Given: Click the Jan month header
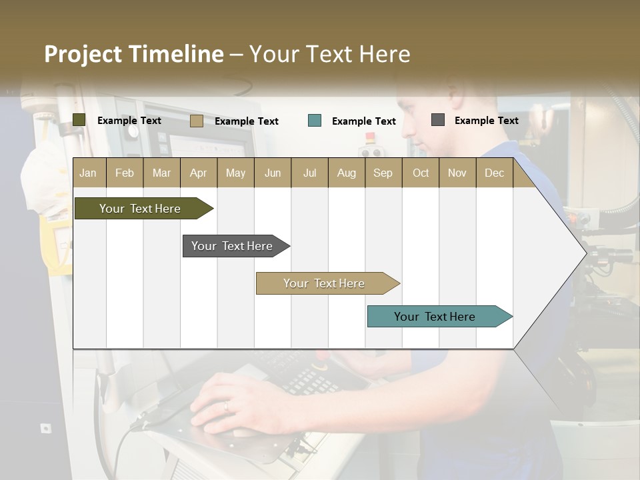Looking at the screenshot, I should [x=88, y=173].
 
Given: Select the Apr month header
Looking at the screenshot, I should [x=199, y=173].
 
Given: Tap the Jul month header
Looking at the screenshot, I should [x=309, y=173].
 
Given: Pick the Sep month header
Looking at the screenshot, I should [x=383, y=173].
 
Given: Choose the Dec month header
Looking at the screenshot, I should [x=494, y=173].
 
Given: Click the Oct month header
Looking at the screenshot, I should [x=421, y=173].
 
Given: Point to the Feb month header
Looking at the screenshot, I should [x=125, y=173].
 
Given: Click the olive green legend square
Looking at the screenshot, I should [x=79, y=120].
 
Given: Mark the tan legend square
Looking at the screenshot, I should [x=197, y=121].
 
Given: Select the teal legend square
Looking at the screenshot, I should [x=315, y=121].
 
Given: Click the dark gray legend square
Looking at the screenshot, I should [x=438, y=120].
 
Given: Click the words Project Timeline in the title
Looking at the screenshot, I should [x=133, y=54].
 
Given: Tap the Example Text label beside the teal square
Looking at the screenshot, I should [x=363, y=121].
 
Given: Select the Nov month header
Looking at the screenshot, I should [x=457, y=173].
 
